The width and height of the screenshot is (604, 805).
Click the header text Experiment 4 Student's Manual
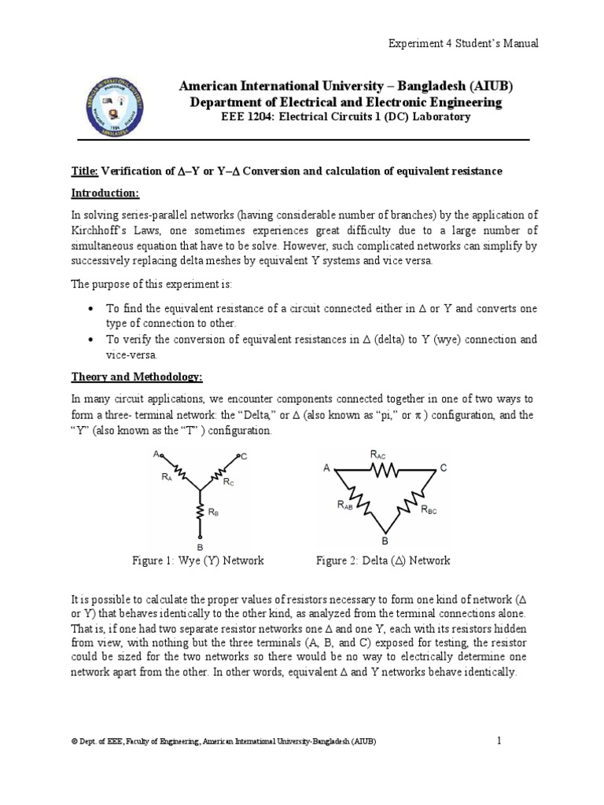464,44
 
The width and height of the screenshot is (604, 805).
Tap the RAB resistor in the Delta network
361,497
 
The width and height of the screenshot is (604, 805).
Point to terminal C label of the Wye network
245,457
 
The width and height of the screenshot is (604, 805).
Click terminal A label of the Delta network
326,468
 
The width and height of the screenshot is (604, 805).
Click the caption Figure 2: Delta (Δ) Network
383,561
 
